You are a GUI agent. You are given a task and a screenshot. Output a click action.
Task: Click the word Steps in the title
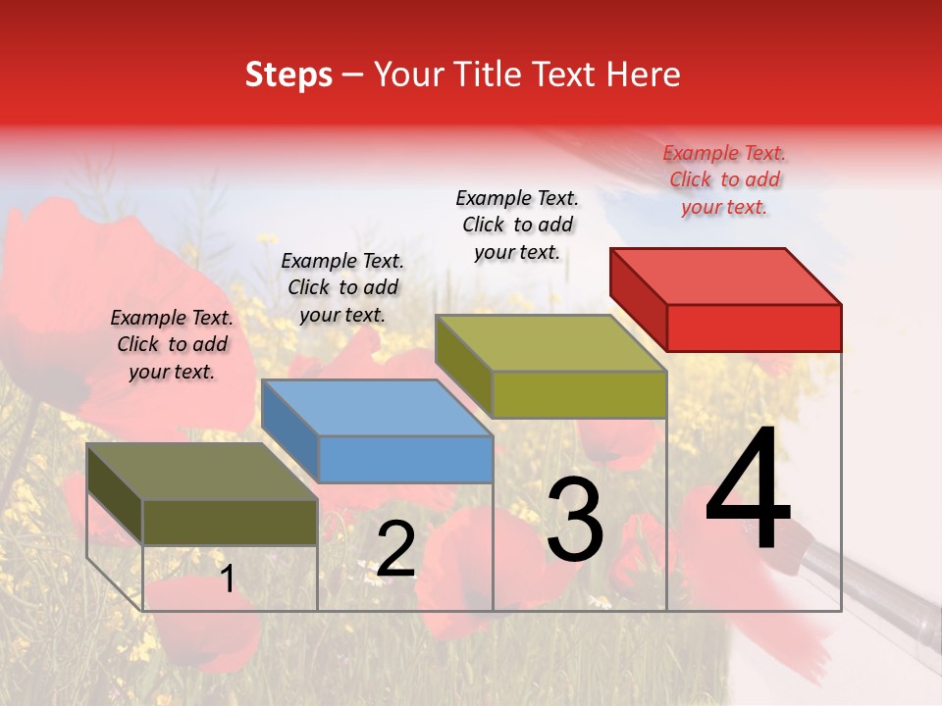[288, 75]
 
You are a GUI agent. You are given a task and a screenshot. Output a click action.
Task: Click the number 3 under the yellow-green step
[575, 521]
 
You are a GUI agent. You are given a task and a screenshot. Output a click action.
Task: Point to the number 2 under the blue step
[395, 549]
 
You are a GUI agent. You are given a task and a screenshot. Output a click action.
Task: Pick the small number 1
[228, 579]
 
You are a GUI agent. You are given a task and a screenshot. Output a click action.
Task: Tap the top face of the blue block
[378, 408]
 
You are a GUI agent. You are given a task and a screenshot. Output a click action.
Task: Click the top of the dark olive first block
[202, 472]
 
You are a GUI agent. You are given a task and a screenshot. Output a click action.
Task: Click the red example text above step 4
[724, 179]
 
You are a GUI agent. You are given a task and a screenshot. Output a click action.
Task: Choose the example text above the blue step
[342, 287]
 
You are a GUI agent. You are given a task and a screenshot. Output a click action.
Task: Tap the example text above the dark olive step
[172, 344]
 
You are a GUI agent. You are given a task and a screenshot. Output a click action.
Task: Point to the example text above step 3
[517, 225]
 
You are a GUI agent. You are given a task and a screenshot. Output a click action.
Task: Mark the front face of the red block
[754, 328]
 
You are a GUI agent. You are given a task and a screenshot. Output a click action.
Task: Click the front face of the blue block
[405, 459]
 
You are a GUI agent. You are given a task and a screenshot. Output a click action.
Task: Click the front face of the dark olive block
[230, 522]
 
